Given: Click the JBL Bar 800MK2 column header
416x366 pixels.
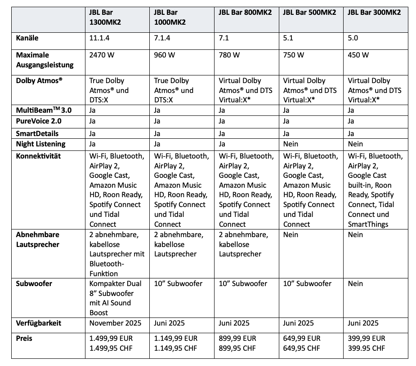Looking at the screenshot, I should [245, 13].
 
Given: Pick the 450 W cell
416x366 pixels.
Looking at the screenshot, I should [358, 55].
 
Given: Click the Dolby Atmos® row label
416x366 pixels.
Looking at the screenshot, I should [39, 81].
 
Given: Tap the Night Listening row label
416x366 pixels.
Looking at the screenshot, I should [40, 144].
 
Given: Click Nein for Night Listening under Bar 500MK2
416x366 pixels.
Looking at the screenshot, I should [291, 144].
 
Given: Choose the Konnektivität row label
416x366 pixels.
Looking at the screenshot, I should [38, 156].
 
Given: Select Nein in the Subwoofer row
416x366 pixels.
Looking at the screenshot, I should [356, 284].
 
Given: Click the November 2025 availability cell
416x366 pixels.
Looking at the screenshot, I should [115, 323].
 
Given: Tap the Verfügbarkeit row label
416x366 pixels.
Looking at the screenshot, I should [39, 323].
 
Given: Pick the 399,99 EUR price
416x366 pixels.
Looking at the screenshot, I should [367, 339].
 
